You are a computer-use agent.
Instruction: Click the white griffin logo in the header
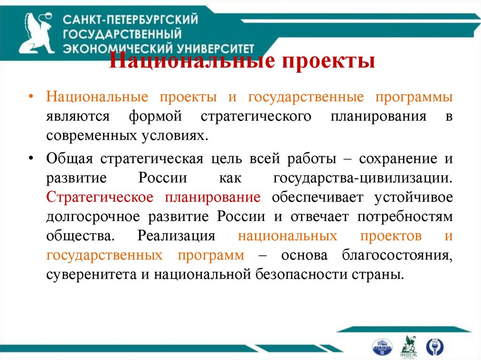(x=37, y=33)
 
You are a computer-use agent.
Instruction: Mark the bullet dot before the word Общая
(x=31, y=158)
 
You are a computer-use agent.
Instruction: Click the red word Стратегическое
(x=100, y=197)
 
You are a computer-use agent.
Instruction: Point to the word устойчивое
(x=413, y=197)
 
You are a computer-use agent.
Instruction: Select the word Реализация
(x=176, y=236)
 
